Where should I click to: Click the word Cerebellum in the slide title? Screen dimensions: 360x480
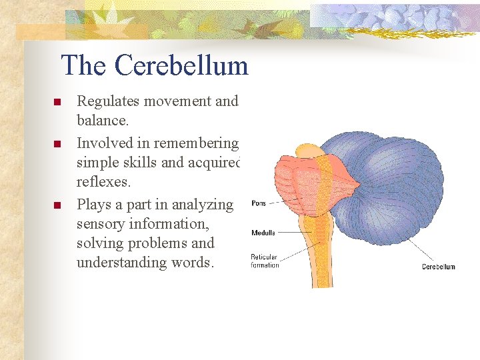pos(181,65)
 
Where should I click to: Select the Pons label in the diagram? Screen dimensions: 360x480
pos(259,203)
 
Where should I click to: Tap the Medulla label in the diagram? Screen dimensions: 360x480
pos(263,233)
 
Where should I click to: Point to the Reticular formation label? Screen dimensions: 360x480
pos(265,261)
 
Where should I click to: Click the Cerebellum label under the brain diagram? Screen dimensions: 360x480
pos(439,267)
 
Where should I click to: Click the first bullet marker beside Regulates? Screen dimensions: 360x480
pos(57,102)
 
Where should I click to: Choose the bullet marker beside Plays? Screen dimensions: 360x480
pos(57,205)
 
